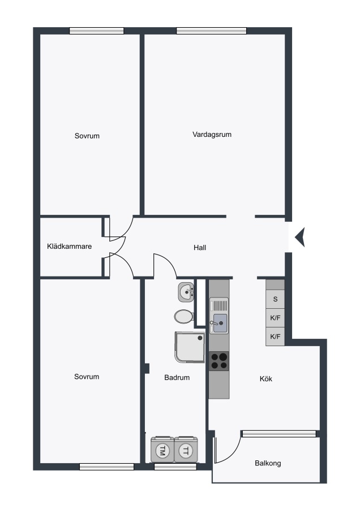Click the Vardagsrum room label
[212, 135]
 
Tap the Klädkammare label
[69, 247]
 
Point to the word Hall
[200, 248]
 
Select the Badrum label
[177, 378]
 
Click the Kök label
[266, 378]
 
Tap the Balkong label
[268, 463]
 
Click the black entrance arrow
[299, 238]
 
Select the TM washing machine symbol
[162, 450]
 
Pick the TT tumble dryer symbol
[186, 450]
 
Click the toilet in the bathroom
[184, 316]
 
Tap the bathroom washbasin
[186, 291]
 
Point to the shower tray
[190, 347]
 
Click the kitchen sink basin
[220, 323]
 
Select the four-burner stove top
[219, 361]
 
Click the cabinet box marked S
[275, 299]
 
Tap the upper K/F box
[275, 317]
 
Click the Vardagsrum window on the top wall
[211, 31]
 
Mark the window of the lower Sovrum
[106, 467]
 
